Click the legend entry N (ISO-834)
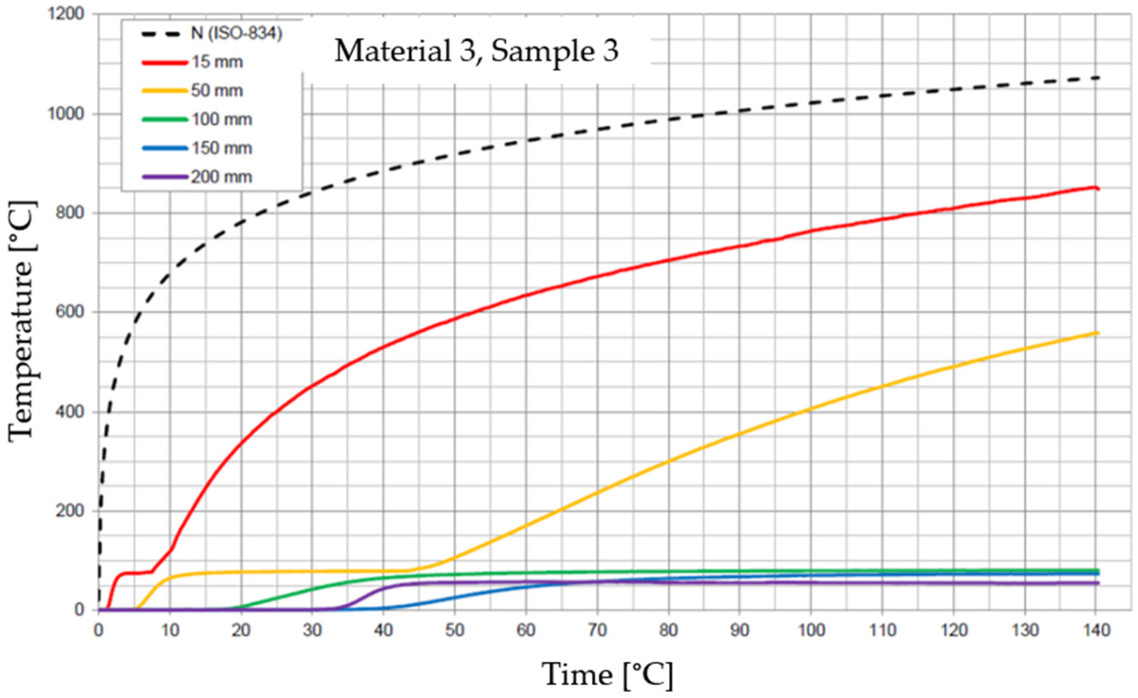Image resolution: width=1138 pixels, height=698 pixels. tap(236, 34)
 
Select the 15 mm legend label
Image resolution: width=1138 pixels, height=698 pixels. tap(217, 62)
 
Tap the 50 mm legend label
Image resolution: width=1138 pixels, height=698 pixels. tap(217, 90)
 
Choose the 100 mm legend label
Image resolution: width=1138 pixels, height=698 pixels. tap(222, 119)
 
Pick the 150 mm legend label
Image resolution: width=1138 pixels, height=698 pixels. tap(222, 148)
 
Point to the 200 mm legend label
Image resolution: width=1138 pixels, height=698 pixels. tap(222, 177)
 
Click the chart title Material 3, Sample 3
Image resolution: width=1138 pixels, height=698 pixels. tap(476, 51)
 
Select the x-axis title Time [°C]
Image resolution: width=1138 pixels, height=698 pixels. tap(607, 674)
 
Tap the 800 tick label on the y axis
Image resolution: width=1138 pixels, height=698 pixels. tap(70, 213)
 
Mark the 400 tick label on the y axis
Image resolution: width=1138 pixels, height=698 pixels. tap(70, 412)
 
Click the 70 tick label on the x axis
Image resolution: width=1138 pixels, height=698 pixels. tap(597, 630)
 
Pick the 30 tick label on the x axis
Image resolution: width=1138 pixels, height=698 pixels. tap(312, 630)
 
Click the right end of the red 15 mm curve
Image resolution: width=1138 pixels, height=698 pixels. tap(1098, 189)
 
